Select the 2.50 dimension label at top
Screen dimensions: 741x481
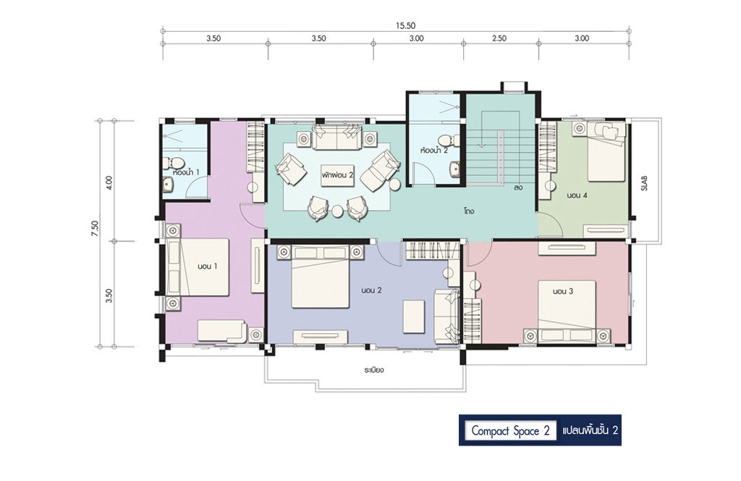pos(499,38)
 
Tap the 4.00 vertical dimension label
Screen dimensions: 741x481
pos(110,183)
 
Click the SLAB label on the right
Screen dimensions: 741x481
pos(644,183)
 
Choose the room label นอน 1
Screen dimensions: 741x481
pos(208,267)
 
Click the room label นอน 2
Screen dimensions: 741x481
pos(371,290)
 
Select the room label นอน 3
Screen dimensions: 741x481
pos(563,291)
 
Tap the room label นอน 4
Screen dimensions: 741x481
pos(577,195)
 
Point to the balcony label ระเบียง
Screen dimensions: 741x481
pos(373,370)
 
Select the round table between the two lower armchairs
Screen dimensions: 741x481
pos(337,211)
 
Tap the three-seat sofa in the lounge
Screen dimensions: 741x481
pos(336,137)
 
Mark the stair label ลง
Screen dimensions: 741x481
pos(519,188)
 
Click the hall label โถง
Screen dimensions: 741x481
pos(469,211)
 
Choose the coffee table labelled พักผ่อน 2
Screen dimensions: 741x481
pos(337,175)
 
